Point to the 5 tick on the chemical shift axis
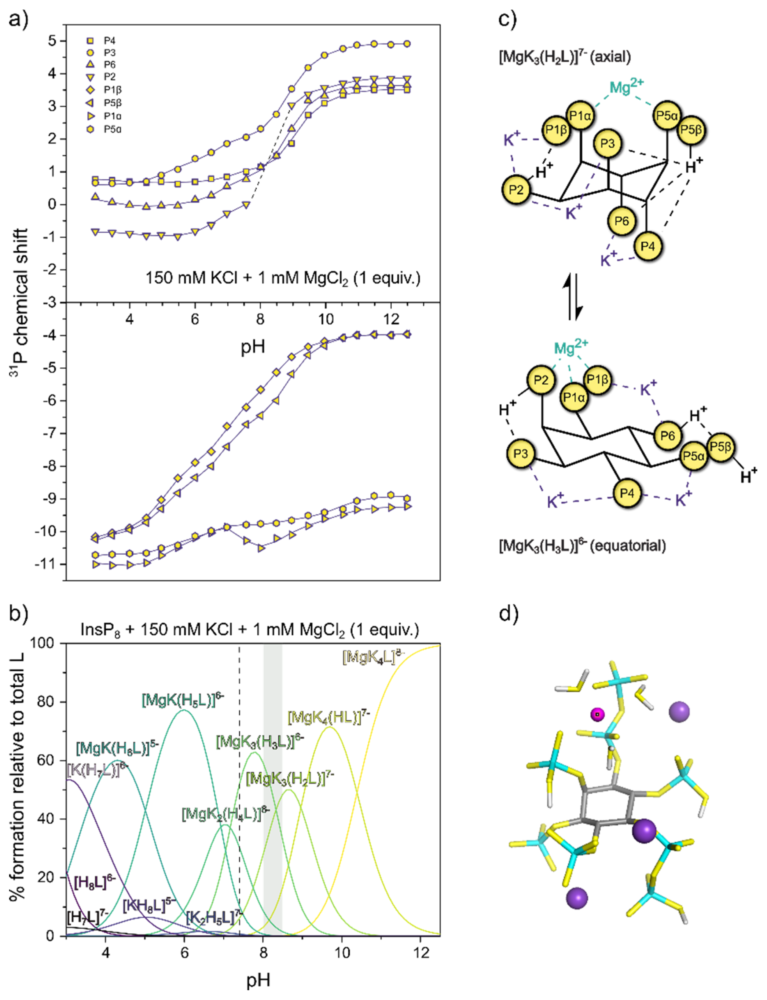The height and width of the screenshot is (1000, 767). tap(51, 41)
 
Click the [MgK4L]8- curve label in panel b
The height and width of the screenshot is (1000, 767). tap(373, 656)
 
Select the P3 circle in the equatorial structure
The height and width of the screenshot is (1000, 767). tap(520, 454)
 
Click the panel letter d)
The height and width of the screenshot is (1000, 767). tap(508, 613)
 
